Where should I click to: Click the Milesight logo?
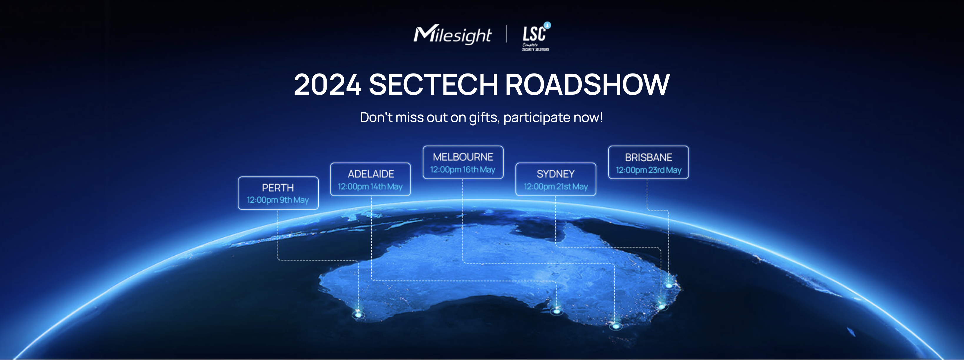(452, 35)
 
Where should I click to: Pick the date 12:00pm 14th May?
(370, 186)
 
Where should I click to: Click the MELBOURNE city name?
(463, 157)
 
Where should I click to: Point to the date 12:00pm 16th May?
(463, 169)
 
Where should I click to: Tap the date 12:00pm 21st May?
(556, 186)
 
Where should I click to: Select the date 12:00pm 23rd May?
(649, 170)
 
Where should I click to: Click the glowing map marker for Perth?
(358, 315)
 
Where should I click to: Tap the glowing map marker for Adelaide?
(556, 311)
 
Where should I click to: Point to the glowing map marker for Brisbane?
(669, 286)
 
